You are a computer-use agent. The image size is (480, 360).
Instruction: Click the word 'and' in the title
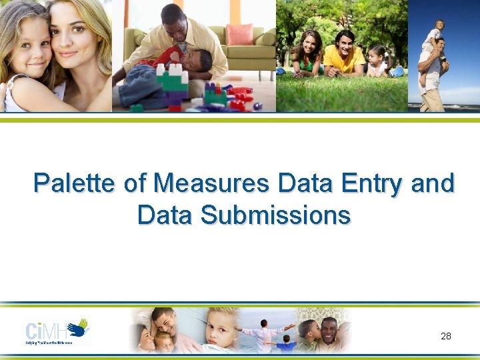pyautogui.click(x=433, y=183)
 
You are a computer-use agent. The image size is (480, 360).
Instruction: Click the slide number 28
pyautogui.click(x=446, y=335)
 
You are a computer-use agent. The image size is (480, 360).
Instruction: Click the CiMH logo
pyautogui.click(x=57, y=331)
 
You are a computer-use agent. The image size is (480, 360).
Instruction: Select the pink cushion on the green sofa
pyautogui.click(x=239, y=34)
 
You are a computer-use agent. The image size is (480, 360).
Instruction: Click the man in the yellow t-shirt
pyautogui.click(x=344, y=54)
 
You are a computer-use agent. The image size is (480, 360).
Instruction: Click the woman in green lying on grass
pyautogui.click(x=308, y=53)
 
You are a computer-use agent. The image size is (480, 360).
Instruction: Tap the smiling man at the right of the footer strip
pyautogui.click(x=328, y=329)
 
